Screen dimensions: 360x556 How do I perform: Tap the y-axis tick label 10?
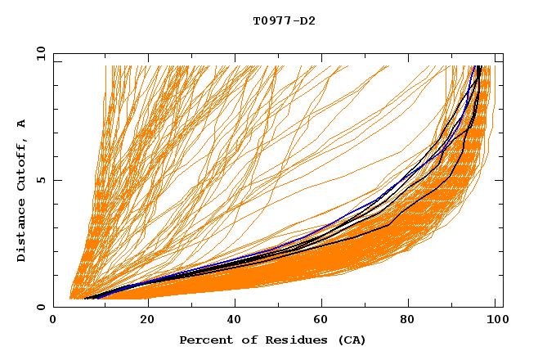pos(39,54)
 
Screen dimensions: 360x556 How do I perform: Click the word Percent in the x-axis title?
pos(205,340)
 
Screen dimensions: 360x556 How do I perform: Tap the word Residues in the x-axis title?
pos(289,340)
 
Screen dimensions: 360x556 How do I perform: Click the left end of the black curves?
pos(85,299)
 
